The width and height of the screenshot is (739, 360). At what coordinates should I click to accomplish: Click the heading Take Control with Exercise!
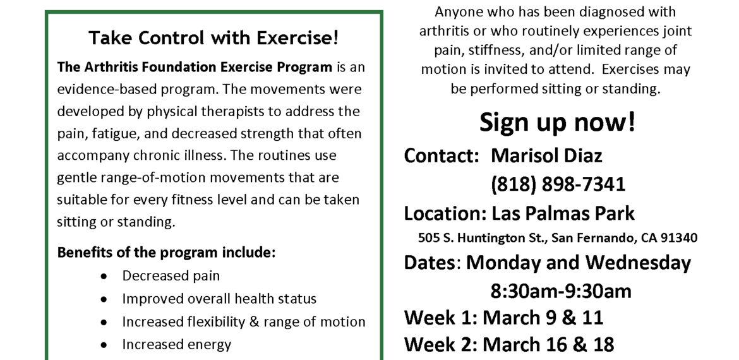pos(213,38)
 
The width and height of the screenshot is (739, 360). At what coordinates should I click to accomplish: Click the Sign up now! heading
pos(558,123)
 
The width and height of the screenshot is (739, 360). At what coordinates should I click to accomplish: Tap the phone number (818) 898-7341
pos(558,184)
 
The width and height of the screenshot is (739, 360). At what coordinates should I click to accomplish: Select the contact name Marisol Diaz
pos(546,155)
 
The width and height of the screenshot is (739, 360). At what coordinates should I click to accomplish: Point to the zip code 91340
pos(678,238)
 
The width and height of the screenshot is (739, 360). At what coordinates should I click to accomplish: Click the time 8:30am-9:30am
pos(561,291)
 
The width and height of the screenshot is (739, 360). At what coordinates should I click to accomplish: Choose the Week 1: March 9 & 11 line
pos(503,318)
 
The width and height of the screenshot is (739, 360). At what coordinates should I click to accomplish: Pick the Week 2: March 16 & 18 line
pos(509,344)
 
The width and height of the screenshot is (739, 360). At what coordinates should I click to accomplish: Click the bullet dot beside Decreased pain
pos(104,276)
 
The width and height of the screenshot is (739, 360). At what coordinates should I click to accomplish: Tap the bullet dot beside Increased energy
pos(104,345)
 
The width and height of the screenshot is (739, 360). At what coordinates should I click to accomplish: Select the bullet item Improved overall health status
pos(219,299)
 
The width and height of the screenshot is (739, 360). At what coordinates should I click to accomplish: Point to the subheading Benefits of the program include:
pos(166,253)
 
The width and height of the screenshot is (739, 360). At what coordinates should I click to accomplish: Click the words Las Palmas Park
pos(563,213)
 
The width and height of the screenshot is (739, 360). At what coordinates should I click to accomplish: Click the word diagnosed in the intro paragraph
pos(591,12)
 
